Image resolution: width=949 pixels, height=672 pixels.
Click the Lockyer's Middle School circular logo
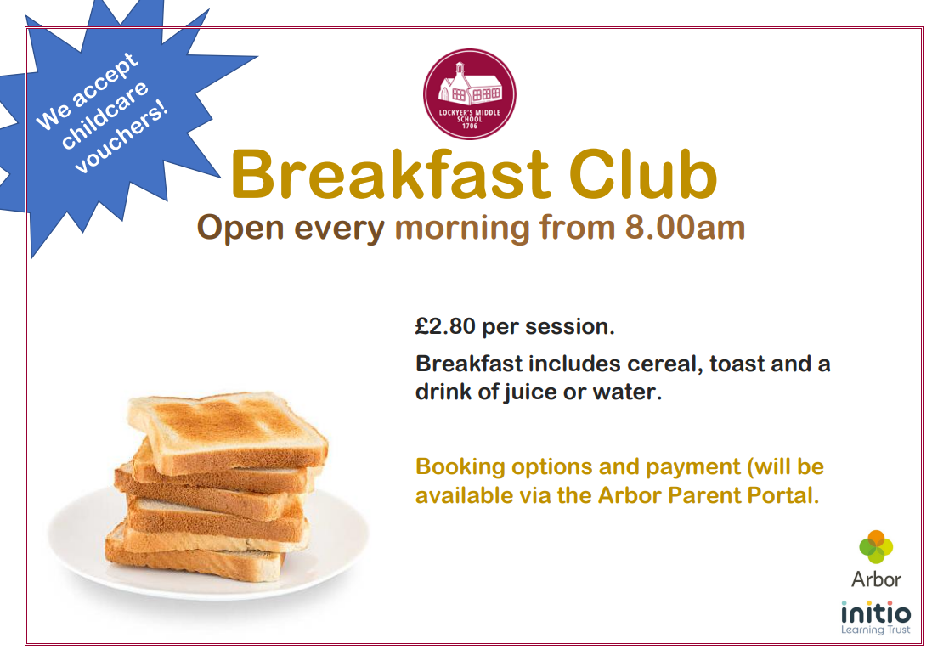470,94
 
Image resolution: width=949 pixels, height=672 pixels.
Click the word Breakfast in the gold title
390,175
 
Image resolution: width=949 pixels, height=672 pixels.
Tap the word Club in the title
643,175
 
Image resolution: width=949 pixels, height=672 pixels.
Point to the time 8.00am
685,228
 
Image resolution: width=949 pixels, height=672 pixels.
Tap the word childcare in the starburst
105,115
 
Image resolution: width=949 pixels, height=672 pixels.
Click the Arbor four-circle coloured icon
876,546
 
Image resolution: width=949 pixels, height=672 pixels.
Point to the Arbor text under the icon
877,579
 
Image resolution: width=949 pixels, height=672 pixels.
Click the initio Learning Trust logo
876,617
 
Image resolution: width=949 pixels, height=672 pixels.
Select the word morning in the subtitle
462,229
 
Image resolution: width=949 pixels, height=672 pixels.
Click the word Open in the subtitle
240,229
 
